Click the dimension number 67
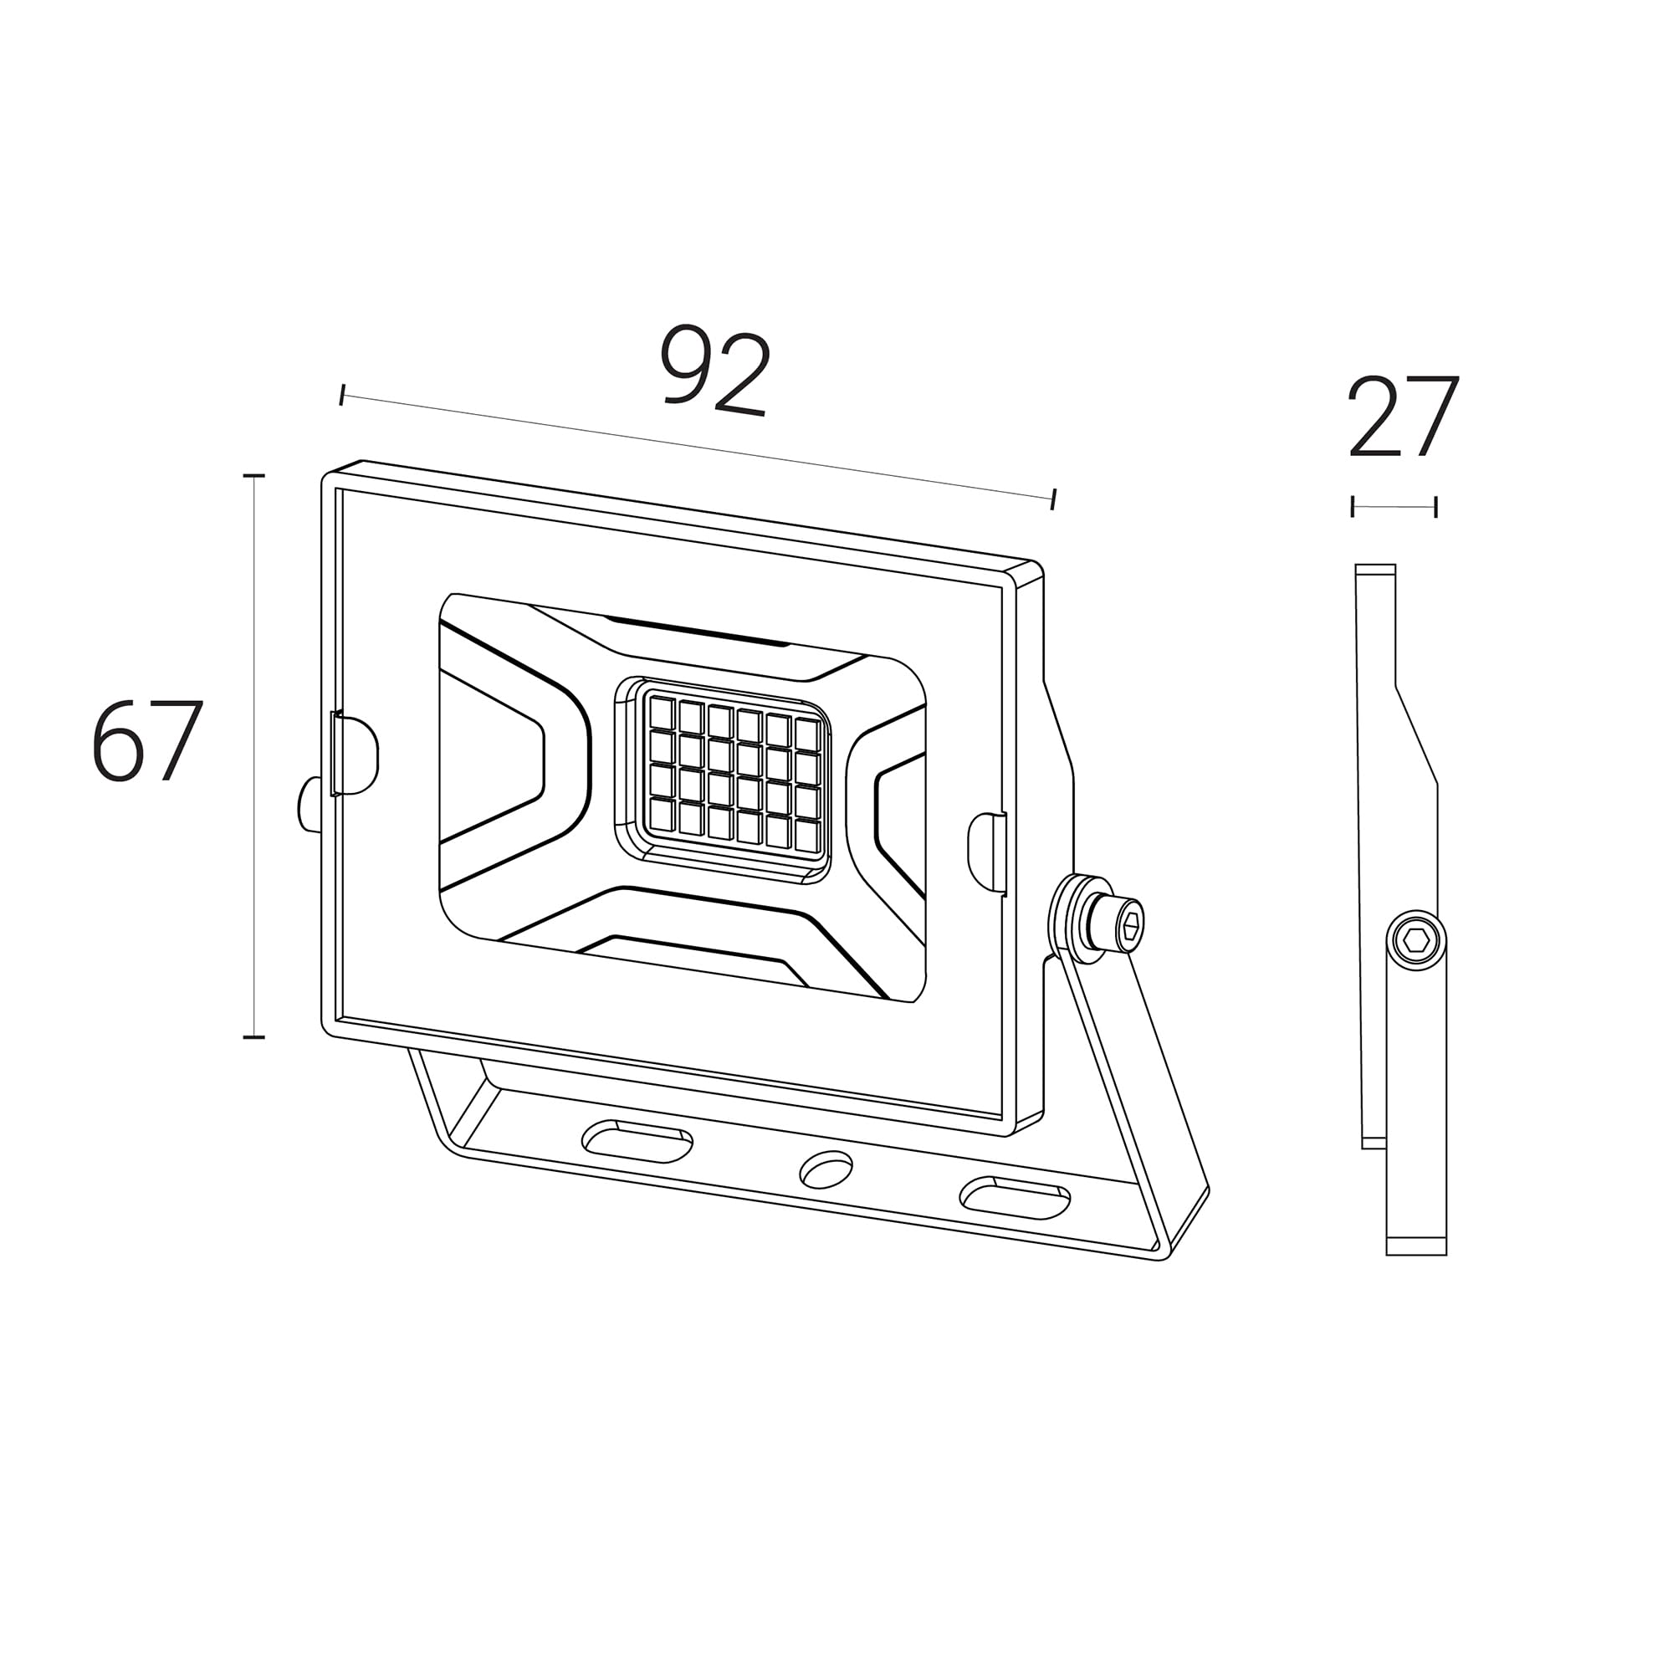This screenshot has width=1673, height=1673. coord(147,741)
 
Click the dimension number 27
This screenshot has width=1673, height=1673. coord(1404,417)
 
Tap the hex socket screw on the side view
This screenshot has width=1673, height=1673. coord(1416,940)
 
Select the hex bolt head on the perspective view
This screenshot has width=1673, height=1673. coord(1121,927)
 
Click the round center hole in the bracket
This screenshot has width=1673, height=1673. coord(826,1169)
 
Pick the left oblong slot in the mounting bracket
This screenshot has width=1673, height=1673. coord(638,1141)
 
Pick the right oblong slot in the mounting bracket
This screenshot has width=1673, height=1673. coord(1015,1199)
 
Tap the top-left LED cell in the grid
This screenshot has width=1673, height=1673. coord(662,712)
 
